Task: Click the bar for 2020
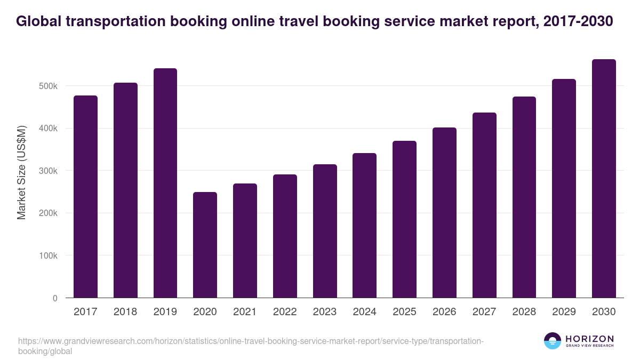pos(205,245)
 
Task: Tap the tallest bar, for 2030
pos(604,179)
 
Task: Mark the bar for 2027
pos(484,205)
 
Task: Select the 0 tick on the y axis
pos(55,298)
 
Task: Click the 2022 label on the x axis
pos(285,312)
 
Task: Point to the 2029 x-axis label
pos(564,312)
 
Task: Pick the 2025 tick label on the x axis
pos(404,312)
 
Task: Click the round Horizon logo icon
pos(553,341)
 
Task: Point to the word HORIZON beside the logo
pos(589,339)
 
